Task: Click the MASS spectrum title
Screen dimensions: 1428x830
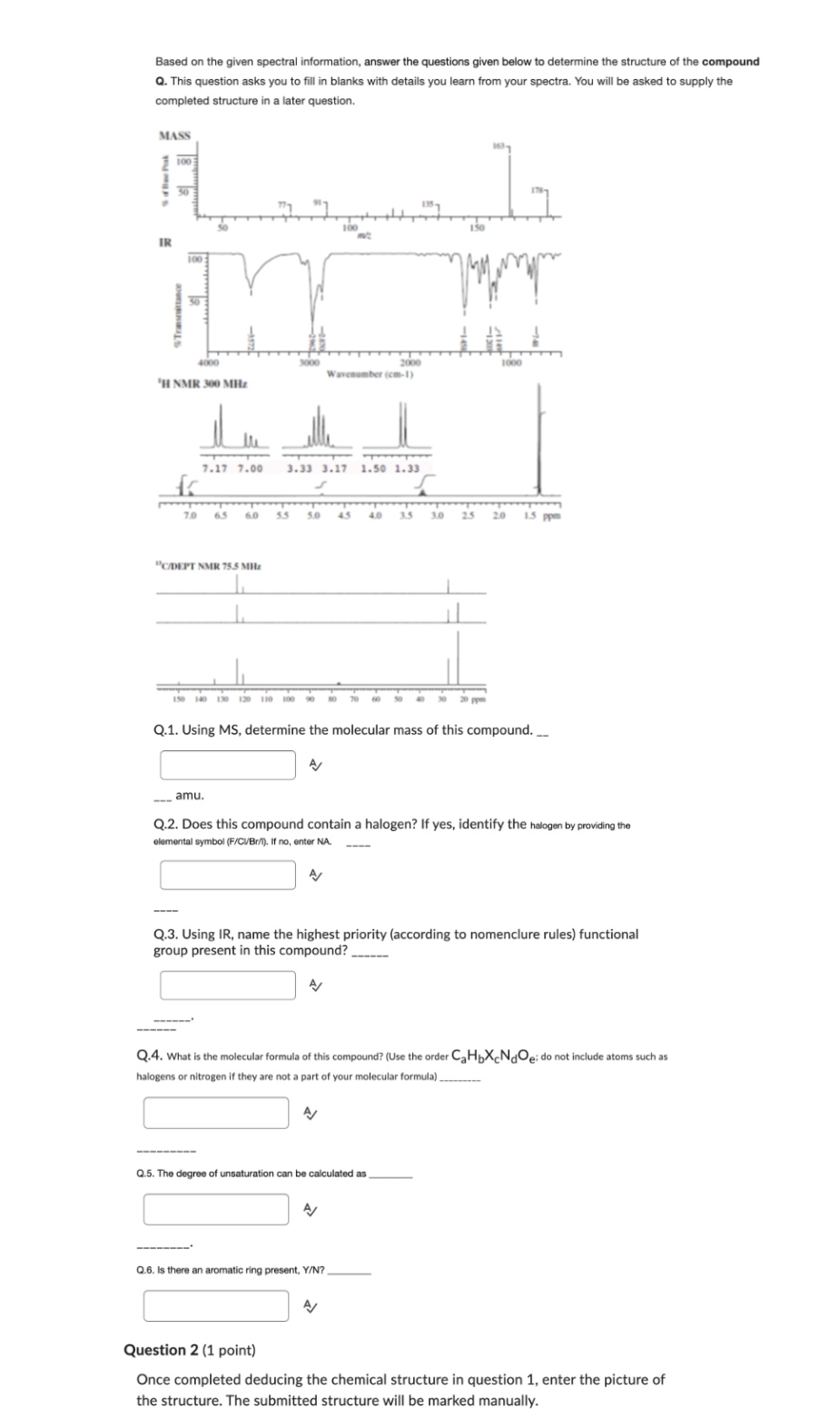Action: coord(174,135)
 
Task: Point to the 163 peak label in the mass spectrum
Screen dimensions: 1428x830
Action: coord(498,146)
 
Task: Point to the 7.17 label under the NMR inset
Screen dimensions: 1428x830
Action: coord(214,469)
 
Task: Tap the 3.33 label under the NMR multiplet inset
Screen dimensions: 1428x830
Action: coord(299,469)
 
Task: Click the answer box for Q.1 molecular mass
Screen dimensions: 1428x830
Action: coord(228,765)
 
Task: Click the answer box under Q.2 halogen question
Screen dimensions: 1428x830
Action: coord(228,875)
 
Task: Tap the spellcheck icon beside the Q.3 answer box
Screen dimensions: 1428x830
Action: coord(315,985)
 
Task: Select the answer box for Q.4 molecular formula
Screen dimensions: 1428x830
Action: coord(215,1112)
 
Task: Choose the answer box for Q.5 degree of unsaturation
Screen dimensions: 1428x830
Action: coord(215,1209)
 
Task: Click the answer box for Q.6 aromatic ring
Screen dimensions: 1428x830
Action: coord(215,1305)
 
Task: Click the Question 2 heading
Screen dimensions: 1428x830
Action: coord(189,1350)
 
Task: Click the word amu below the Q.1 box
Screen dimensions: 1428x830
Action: coord(189,795)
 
